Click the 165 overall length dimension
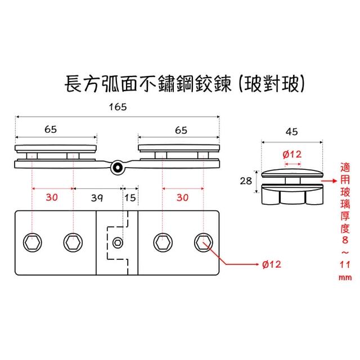tap(118, 106)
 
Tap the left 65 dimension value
tap(50, 129)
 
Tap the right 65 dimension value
tap(181, 129)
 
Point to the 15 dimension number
tap(130, 197)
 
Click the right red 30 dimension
tap(182, 197)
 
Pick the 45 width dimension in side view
tap(292, 133)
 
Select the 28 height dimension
tap(246, 181)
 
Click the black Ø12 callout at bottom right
tap(272, 263)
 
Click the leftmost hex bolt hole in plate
tap(33, 242)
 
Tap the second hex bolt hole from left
tap(72, 242)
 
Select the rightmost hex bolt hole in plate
tap(203, 242)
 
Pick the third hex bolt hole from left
tap(164, 242)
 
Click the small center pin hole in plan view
tap(118, 242)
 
